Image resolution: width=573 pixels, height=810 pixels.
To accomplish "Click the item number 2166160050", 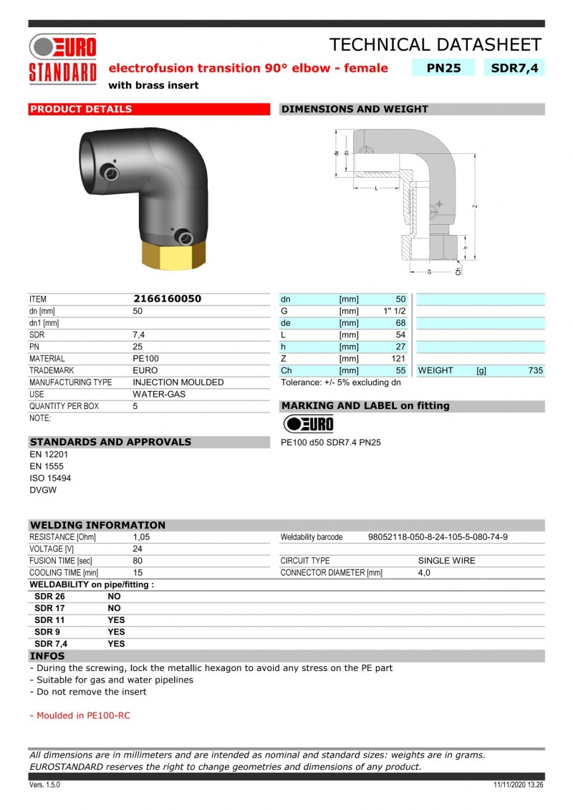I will (167, 299).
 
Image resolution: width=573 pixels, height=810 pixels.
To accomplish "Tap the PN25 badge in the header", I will (444, 68).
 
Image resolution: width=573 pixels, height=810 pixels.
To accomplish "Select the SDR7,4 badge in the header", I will (514, 68).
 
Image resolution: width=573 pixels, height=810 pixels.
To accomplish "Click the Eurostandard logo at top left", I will (62, 59).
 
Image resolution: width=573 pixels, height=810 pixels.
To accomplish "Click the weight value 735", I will (535, 370).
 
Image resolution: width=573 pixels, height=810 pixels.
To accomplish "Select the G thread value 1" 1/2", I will (395, 311).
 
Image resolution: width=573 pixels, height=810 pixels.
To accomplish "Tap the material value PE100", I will (145, 359).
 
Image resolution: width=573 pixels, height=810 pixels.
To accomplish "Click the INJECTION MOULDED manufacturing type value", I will (178, 382).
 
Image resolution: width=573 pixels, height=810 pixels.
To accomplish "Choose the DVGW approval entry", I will (42, 490).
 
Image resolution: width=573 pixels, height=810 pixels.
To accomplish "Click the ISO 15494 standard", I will (50, 478).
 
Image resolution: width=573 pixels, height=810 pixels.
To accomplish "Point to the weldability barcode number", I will (438, 537).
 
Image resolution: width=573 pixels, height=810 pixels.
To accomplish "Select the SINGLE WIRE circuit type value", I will (446, 561).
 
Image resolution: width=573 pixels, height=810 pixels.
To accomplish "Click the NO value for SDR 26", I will (114, 596).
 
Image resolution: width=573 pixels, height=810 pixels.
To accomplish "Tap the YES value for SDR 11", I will (116, 619).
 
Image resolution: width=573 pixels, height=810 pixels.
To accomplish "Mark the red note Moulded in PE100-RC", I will (80, 715).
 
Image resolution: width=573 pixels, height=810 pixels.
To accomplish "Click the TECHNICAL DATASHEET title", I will (435, 44).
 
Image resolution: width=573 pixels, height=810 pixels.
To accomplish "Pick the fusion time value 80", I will (138, 561).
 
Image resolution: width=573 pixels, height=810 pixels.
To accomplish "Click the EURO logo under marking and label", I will (309, 423).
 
